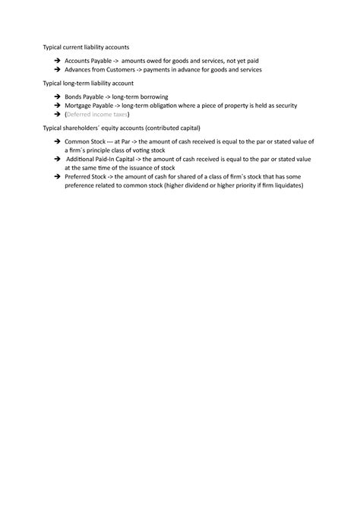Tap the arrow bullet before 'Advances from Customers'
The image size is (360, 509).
pyautogui.click(x=58, y=69)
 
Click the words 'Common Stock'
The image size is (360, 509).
pyautogui.click(x=84, y=141)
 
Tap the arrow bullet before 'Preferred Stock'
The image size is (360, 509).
pyautogui.click(x=58, y=176)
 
